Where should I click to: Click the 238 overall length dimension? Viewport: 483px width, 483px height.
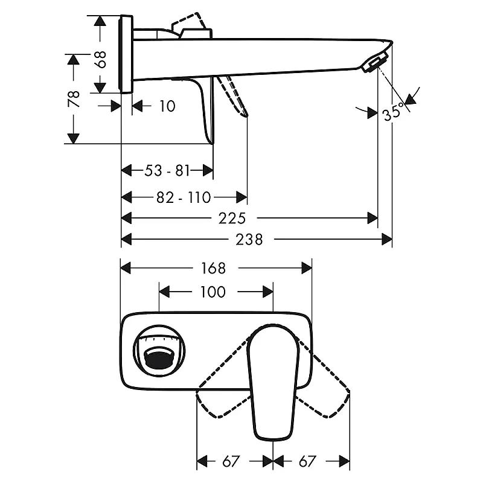(249, 239)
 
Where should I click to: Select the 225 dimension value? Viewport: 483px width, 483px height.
(232, 219)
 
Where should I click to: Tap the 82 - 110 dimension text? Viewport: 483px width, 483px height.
(184, 197)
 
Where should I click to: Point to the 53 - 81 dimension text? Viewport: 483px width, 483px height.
(167, 170)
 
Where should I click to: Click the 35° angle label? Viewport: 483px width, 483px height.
(394, 112)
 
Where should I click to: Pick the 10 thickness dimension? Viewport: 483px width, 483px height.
(167, 106)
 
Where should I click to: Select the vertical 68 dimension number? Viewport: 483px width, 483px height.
(100, 59)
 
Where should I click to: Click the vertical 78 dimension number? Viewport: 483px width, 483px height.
(74, 99)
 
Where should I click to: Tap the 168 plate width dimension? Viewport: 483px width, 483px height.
(214, 268)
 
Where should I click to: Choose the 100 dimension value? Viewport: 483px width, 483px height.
(213, 292)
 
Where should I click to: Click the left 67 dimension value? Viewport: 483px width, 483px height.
(231, 461)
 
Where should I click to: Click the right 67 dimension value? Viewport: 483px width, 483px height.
(307, 461)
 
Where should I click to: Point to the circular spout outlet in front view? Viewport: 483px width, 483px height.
(159, 351)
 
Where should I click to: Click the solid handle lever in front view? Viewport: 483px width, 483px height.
(273, 382)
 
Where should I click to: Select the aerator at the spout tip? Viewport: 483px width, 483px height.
(374, 62)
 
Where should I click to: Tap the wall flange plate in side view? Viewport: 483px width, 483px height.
(126, 54)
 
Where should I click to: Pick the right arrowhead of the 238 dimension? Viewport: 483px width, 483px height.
(387, 239)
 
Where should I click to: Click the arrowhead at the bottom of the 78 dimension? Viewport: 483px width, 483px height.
(74, 139)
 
